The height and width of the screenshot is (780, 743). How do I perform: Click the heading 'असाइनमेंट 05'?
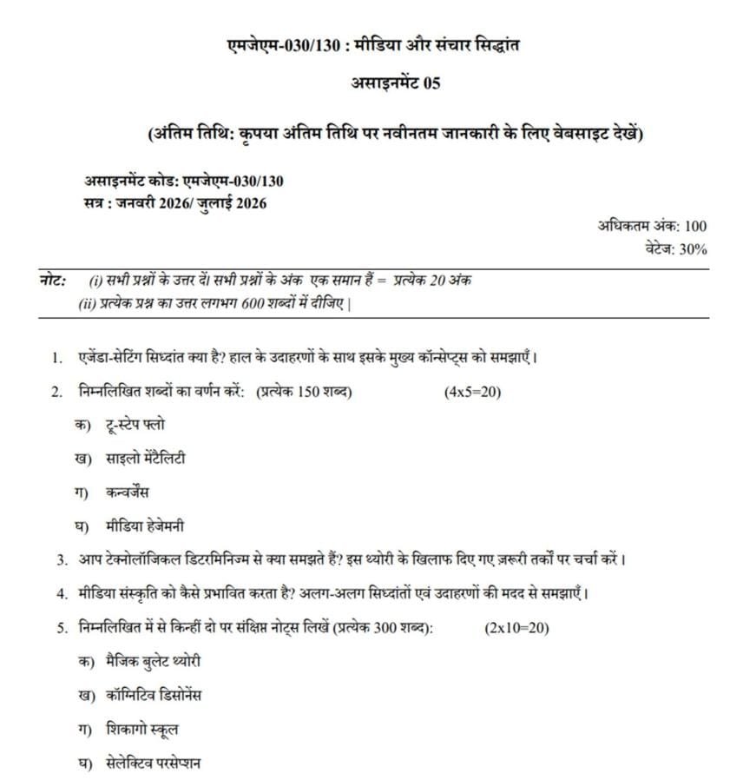(x=395, y=83)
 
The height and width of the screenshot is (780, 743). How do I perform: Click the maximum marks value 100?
(x=694, y=226)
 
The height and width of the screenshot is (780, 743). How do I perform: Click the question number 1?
(x=56, y=358)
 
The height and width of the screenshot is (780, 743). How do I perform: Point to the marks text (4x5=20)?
(x=472, y=392)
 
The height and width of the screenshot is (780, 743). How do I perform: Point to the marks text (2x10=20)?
(x=516, y=628)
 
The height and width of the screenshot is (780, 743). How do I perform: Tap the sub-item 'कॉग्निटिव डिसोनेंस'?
(x=153, y=696)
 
